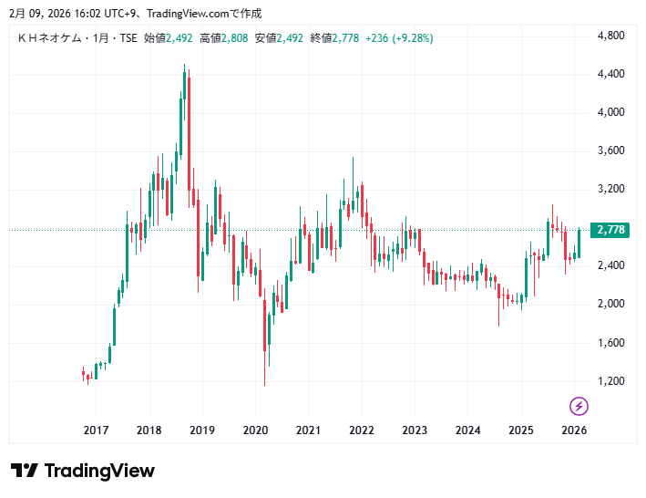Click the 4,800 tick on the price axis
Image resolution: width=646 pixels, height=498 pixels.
click(x=610, y=36)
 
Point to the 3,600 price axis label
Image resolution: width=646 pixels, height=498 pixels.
click(x=610, y=150)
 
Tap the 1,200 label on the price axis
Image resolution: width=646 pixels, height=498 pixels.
click(x=610, y=381)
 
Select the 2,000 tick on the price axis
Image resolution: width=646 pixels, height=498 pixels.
click(x=610, y=304)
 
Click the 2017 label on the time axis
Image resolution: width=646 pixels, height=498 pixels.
click(x=96, y=431)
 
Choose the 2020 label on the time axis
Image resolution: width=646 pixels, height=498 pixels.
click(x=255, y=431)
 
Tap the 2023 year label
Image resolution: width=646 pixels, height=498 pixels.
click(x=415, y=431)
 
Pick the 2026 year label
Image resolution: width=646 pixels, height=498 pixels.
click(x=574, y=431)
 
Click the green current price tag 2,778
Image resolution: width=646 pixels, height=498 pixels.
click(x=610, y=230)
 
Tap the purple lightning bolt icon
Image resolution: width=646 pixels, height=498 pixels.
click(x=579, y=406)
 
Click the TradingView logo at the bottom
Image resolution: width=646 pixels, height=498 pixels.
click(x=83, y=471)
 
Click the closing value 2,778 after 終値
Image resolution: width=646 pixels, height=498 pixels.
click(x=346, y=38)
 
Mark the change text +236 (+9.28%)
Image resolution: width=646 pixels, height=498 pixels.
click(x=399, y=38)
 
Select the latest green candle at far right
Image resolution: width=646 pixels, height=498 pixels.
click(x=579, y=244)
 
